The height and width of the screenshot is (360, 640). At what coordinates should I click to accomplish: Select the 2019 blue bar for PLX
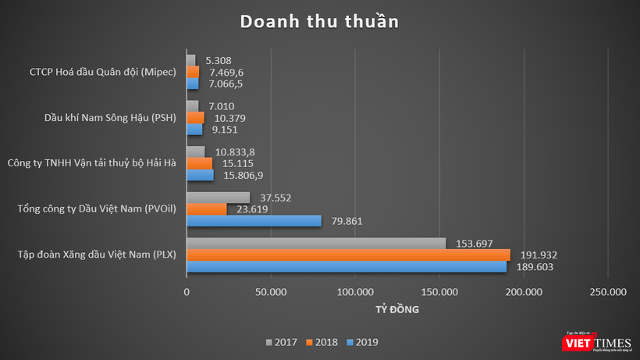click(x=346, y=266)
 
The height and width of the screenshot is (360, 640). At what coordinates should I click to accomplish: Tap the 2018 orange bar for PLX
click(x=348, y=255)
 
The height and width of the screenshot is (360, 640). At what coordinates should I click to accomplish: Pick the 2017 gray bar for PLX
click(x=316, y=243)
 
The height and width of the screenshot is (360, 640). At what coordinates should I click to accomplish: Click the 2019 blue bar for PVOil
click(x=254, y=221)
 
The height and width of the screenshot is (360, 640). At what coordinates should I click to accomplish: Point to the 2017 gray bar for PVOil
click(x=218, y=198)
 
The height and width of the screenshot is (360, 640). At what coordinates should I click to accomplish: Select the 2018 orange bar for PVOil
click(x=206, y=209)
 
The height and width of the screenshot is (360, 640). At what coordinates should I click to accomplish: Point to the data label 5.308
click(x=219, y=60)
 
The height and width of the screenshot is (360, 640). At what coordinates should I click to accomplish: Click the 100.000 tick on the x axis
click(x=355, y=292)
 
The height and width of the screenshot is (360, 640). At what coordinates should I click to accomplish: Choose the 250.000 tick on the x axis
click(x=607, y=292)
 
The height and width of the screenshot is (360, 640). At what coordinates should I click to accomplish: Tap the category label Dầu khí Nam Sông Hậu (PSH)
click(x=109, y=118)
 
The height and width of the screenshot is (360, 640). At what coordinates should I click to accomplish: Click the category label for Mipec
click(x=99, y=72)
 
